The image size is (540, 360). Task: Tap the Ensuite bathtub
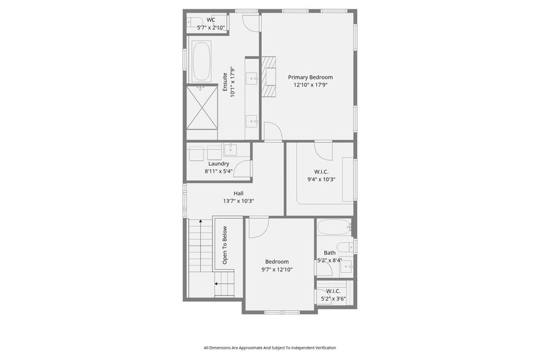[202, 61]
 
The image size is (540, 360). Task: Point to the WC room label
[210, 20]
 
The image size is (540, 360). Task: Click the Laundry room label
[219, 163]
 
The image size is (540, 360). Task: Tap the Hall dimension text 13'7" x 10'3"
[238, 201]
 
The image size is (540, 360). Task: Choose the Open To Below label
[225, 245]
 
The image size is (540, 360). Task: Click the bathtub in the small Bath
[333, 227]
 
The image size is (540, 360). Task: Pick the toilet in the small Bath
[345, 246]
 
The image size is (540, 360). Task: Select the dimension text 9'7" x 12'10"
[277, 270]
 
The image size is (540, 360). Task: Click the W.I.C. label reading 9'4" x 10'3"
[321, 179]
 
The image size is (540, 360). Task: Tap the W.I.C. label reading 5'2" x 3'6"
[333, 299]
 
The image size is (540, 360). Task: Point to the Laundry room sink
[230, 149]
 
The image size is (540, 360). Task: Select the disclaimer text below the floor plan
[269, 347]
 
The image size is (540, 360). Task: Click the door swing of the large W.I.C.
[323, 151]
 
